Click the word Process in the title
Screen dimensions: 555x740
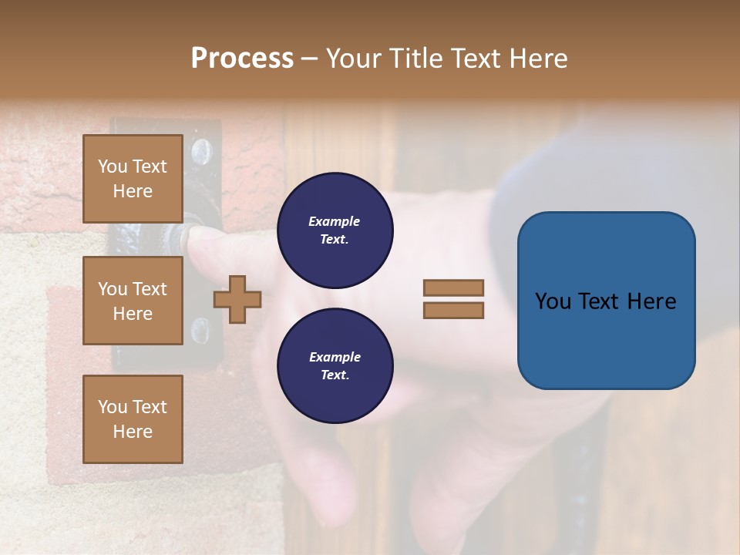(x=242, y=59)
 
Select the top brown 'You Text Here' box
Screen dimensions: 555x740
(x=133, y=179)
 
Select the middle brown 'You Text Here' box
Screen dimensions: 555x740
(x=133, y=301)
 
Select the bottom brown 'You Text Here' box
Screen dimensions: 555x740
(x=133, y=419)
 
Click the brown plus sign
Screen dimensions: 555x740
(x=237, y=299)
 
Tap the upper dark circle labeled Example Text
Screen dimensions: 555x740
(x=335, y=230)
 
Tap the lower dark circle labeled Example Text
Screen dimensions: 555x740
(x=335, y=366)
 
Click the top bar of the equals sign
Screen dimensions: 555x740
(x=453, y=288)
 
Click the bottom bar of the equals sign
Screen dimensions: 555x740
(x=453, y=310)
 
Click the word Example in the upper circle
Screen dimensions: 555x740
(x=335, y=221)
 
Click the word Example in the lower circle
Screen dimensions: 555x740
(x=335, y=357)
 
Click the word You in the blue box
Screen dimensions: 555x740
(x=553, y=301)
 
